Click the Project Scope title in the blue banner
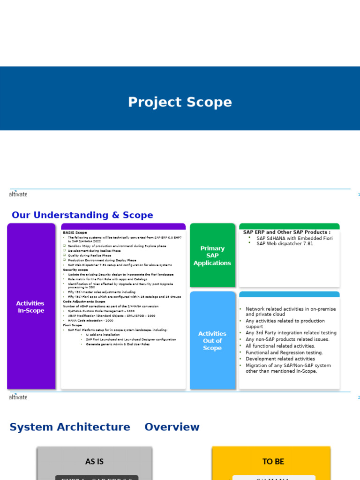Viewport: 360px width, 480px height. tap(180, 102)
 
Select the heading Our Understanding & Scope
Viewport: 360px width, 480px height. tap(82, 215)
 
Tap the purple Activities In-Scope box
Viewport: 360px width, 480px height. tap(31, 307)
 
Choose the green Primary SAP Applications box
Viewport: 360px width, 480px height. tap(212, 255)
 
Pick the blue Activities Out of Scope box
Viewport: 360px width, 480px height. tap(212, 341)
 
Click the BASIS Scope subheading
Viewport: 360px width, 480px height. tap(75, 232)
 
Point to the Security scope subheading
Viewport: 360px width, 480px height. tap(75, 270)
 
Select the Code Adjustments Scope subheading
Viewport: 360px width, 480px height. tap(84, 301)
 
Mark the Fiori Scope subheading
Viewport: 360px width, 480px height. tap(73, 325)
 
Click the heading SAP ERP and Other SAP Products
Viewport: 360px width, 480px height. tap(286, 232)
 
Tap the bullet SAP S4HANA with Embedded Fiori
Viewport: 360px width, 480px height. tap(294, 238)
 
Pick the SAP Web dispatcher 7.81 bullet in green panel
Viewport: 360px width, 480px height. tap(285, 244)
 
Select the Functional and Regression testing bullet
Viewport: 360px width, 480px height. tap(284, 352)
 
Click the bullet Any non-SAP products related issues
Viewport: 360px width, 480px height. tap(287, 339)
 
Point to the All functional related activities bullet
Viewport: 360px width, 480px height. tap(280, 346)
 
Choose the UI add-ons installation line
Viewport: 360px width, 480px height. tap(103, 335)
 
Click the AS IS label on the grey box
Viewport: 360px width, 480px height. tap(94, 462)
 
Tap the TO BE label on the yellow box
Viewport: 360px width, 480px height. tap(273, 462)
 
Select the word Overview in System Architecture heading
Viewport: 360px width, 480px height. tap(172, 427)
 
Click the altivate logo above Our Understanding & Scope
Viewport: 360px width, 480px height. tap(18, 194)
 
